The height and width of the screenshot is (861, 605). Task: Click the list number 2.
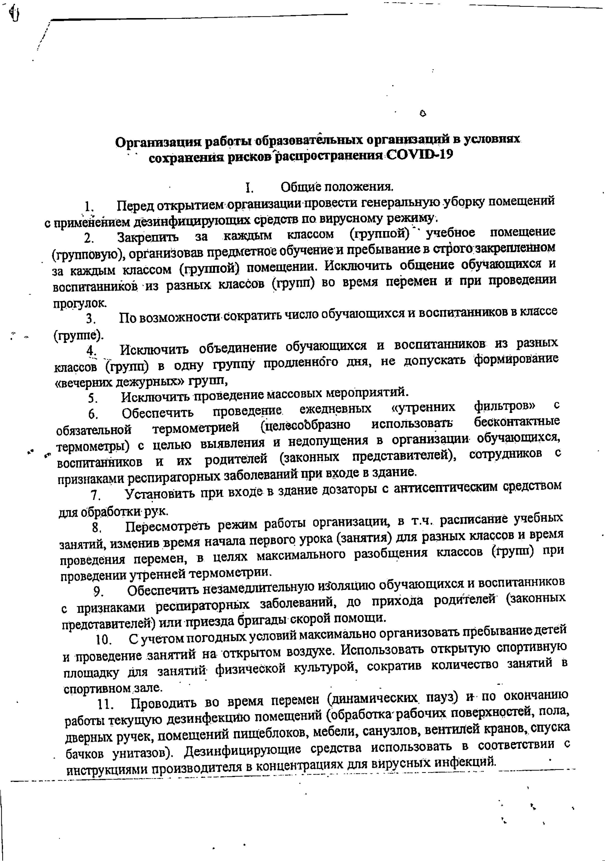89,238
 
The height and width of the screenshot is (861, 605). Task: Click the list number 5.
93,397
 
